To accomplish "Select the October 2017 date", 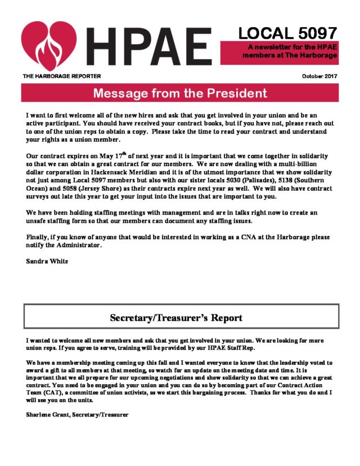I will pos(319,76).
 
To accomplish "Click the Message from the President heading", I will pos(180,93).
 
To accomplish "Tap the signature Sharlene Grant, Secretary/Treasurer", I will pos(77,415).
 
